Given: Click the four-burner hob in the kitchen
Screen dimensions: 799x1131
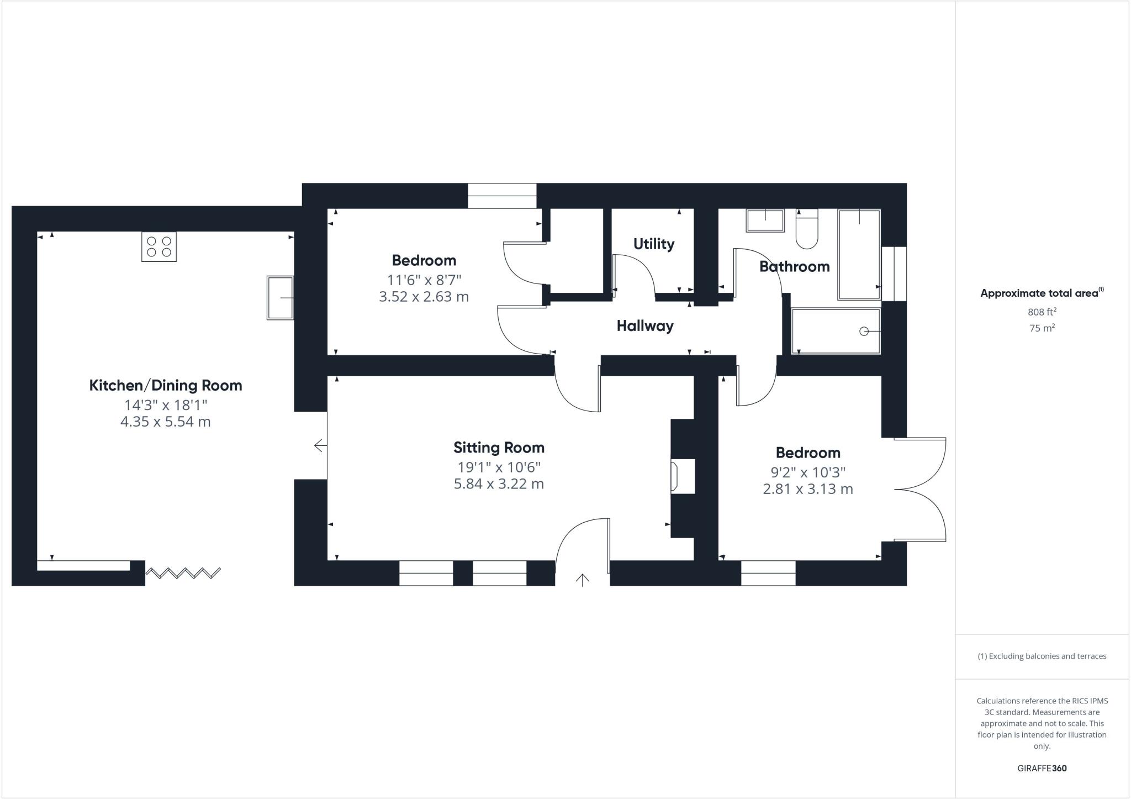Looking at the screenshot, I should [x=159, y=246].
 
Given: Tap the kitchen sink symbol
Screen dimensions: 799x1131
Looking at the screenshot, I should [x=280, y=298].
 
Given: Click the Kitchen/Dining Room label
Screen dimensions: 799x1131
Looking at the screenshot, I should [x=166, y=385].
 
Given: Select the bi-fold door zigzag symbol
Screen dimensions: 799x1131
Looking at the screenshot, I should [x=183, y=573].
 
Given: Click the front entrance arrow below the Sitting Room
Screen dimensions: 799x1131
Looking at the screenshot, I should [x=583, y=580].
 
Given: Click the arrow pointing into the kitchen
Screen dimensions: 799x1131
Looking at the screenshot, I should [x=319, y=445].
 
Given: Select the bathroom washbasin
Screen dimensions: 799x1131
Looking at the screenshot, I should [x=765, y=220].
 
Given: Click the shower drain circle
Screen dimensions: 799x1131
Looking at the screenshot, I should [x=864, y=331].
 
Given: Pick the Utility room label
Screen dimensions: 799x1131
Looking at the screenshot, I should [x=654, y=244].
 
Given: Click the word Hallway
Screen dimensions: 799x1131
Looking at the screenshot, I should [x=645, y=326].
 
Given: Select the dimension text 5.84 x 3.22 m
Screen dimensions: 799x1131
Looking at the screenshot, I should [x=499, y=484].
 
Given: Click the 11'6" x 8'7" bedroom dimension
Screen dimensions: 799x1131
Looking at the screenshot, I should [x=424, y=280].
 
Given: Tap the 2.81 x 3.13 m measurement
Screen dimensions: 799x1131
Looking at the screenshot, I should [x=807, y=489].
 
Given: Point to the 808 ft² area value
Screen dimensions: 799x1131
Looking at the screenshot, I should [x=1042, y=312].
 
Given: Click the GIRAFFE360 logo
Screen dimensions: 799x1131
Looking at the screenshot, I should [x=1042, y=768].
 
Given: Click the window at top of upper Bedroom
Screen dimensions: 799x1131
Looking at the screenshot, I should [x=502, y=196].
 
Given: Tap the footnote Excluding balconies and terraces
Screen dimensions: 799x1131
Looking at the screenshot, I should [x=1042, y=656].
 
